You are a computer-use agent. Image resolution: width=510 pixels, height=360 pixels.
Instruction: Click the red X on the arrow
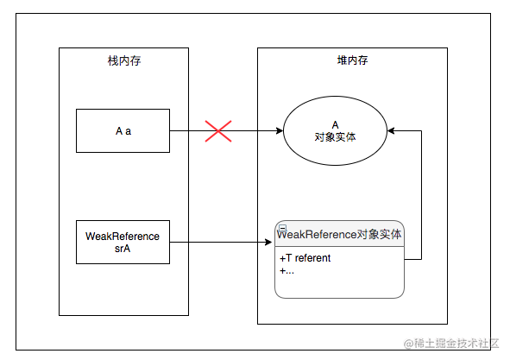coord(218,131)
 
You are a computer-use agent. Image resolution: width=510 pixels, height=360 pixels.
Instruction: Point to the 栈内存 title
coord(124,61)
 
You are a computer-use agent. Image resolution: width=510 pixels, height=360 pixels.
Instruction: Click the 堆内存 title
coord(352,60)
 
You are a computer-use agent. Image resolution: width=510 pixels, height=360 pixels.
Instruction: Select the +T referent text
coord(305,258)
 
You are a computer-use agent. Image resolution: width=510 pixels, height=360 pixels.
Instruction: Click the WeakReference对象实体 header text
coord(339,234)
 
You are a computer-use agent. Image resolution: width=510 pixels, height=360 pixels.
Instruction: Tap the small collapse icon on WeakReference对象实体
coord(283,228)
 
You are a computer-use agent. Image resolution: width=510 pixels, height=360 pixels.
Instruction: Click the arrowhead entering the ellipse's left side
coord(280,131)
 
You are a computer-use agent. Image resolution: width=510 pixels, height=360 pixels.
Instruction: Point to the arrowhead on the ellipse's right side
coord(391,131)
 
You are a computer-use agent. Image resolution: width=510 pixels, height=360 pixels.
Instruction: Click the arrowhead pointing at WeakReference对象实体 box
coord(268,243)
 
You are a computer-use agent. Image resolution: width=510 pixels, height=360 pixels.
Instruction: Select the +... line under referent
coord(286,270)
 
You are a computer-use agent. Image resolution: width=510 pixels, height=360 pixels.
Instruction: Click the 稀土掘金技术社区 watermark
coord(451,343)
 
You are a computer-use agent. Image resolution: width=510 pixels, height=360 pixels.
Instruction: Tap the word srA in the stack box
coord(123,249)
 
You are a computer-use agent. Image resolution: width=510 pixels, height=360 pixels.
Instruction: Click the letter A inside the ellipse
coord(335,124)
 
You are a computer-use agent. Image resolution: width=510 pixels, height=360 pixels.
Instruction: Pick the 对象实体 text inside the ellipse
coord(335,137)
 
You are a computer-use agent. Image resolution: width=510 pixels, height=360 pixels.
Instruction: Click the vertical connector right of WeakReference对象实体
coord(421,195)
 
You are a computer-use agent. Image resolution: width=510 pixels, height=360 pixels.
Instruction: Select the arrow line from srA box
coord(221,243)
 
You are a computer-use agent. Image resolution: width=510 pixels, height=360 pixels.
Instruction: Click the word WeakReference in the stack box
coord(123,237)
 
